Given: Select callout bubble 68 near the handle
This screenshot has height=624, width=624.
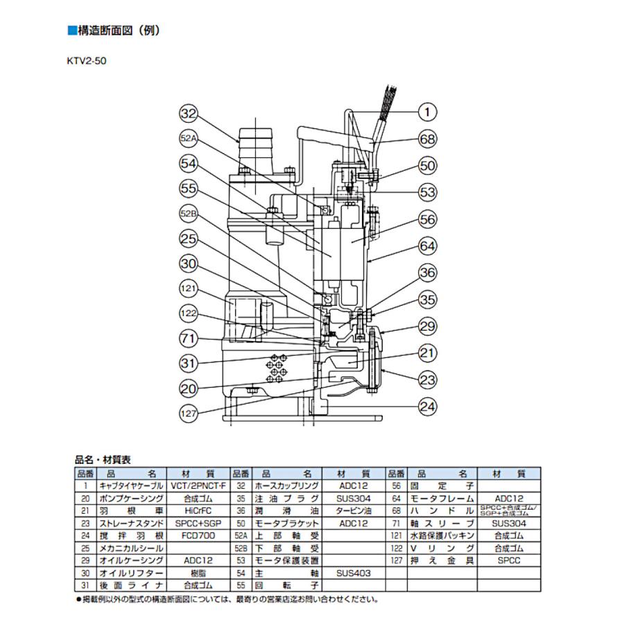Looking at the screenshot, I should coord(428,139).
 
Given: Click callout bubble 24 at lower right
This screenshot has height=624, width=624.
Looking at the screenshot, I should coord(428,406).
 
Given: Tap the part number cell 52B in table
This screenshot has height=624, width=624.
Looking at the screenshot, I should coord(241,548).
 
